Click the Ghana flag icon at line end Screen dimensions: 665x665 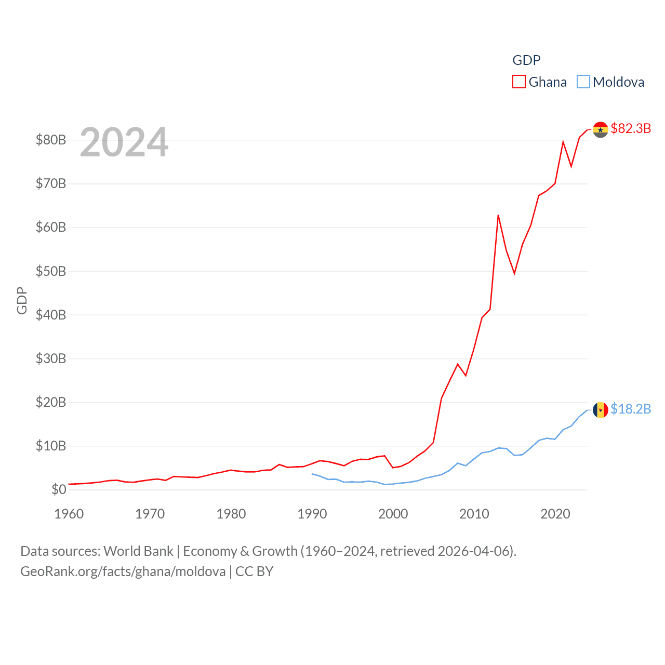601,130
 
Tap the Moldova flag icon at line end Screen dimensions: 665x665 601,410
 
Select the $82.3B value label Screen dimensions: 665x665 631,128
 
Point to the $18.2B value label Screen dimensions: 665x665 631,409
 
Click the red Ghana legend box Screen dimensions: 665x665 518,82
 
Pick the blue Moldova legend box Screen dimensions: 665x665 583,82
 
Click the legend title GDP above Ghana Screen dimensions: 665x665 526,60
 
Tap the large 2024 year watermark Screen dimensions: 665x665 124,142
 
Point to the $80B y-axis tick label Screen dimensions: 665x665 51,140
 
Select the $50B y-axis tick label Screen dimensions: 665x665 51,271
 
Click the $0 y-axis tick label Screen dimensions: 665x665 59,489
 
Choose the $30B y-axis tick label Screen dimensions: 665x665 51,358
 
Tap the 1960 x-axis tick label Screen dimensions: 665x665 69,514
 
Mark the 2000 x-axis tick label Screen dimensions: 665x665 393,514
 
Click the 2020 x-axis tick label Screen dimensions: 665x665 555,514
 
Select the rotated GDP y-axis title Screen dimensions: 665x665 22,300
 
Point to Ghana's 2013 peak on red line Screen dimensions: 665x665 498,215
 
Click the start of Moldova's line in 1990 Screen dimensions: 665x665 312,474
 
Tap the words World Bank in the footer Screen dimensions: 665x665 138,551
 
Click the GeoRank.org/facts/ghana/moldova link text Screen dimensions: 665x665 123,571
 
